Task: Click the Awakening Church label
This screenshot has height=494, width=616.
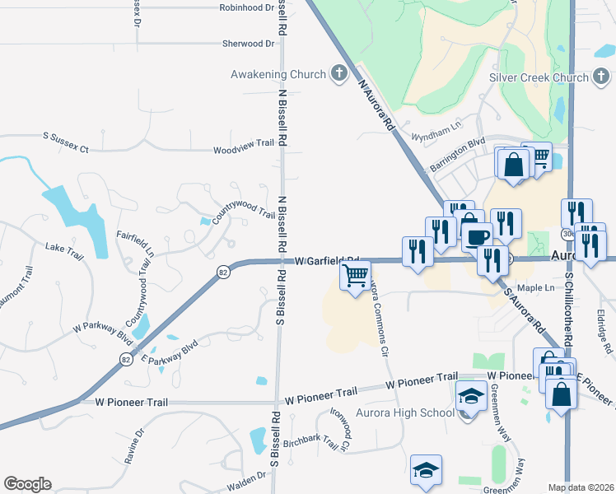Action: (x=278, y=75)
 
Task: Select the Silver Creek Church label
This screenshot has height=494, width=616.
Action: (x=539, y=78)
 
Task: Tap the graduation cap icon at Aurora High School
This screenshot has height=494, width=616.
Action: (x=469, y=398)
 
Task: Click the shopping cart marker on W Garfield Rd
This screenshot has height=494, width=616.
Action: (x=355, y=275)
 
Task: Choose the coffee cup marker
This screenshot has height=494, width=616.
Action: (x=477, y=236)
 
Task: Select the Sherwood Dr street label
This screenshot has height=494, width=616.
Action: (x=248, y=44)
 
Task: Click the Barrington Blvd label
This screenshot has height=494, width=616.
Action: (x=457, y=154)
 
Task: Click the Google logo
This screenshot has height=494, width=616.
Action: (x=27, y=484)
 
